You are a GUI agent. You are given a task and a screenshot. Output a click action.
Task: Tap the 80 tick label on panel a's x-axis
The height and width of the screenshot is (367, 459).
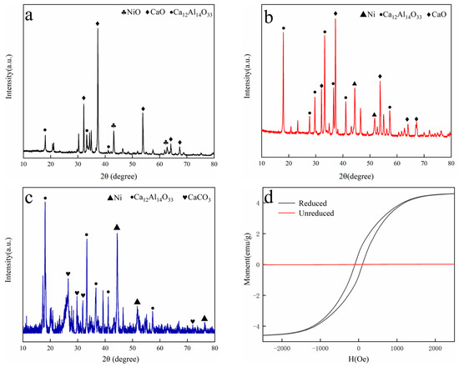pyautogui.click(x=214, y=165)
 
